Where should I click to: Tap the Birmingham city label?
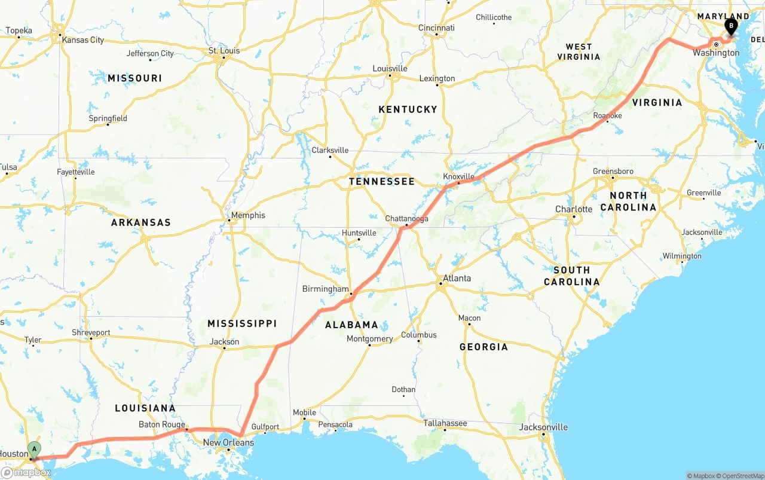pos(325,289)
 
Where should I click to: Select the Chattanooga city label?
pos(406,219)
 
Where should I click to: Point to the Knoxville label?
pos(458,176)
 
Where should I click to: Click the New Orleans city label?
pos(228,442)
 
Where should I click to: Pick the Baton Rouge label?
pos(162,424)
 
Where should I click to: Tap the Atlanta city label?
pos(457,278)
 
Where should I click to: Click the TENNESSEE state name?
pos(381,181)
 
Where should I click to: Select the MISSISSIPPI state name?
pos(242,323)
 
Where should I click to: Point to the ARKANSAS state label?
pos(141,222)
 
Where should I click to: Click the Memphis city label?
pos(248,215)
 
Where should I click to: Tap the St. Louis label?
pos(224,51)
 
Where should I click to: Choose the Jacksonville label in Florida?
pos(543,427)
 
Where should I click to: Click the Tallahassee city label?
pos(445,423)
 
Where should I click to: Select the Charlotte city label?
pos(574,209)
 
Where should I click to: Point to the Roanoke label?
pos(607,115)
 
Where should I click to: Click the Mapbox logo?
pos(26,473)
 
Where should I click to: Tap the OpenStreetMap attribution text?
pos(740,476)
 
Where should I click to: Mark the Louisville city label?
pos(390,69)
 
